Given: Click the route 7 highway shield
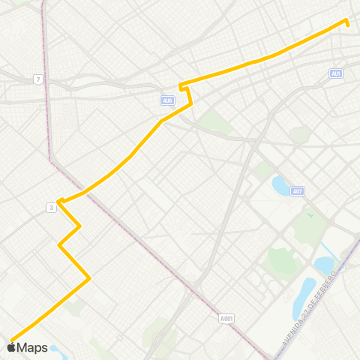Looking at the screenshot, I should [x=37, y=79].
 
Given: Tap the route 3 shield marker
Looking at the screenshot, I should [x=50, y=208].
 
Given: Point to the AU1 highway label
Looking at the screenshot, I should [x=335, y=73].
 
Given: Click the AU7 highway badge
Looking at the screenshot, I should [x=298, y=191].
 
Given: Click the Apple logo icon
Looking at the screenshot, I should [x=12, y=347].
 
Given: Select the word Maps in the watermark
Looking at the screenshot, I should [x=33, y=347].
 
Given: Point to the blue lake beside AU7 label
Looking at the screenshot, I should [x=280, y=184].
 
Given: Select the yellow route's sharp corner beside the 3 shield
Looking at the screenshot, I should [x=58, y=201].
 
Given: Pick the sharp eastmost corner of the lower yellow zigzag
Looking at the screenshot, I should [x=89, y=279].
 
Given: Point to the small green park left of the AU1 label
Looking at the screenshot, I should [x=300, y=135].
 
